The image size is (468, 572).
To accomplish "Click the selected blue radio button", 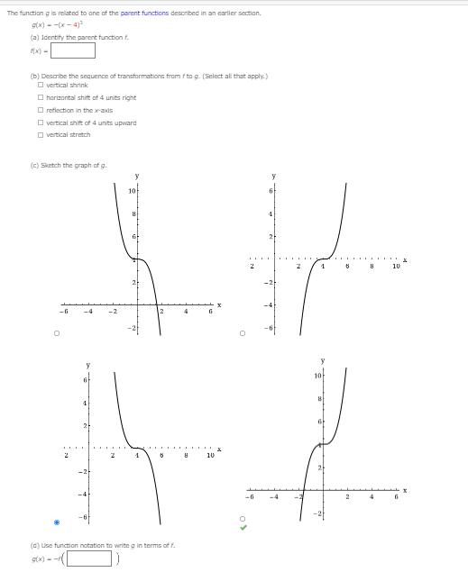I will [58, 522].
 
